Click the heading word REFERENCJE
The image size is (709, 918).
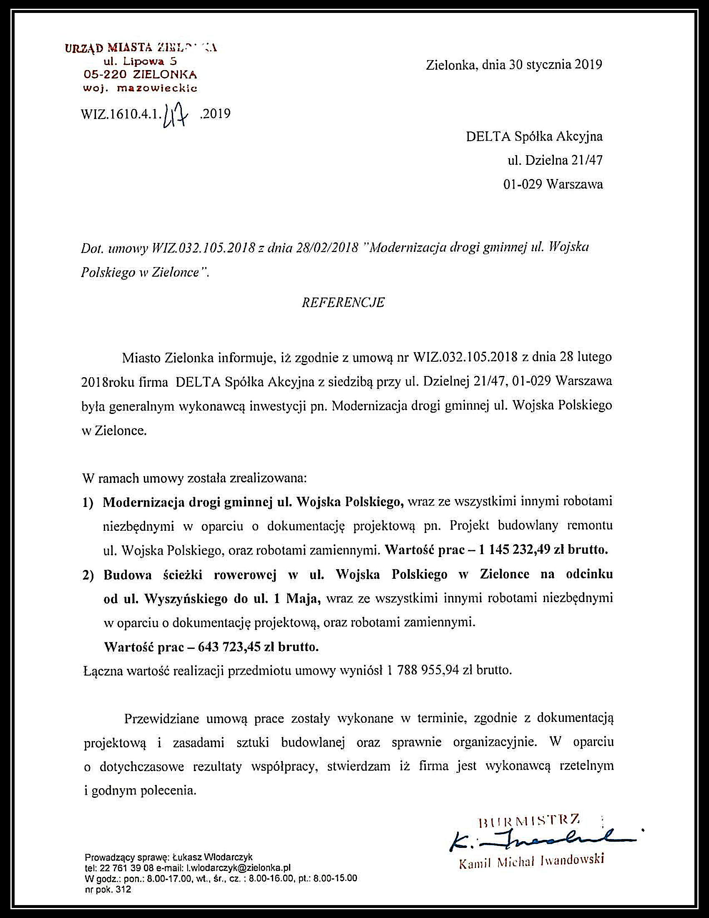(343, 303)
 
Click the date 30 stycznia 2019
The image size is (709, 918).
(556, 64)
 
